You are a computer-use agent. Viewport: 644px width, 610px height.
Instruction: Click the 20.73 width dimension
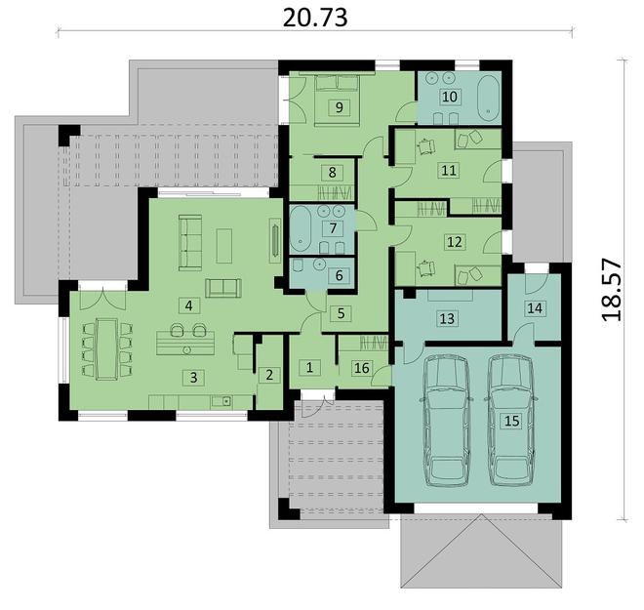(x=315, y=18)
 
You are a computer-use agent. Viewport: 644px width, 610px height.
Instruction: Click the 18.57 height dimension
(x=612, y=289)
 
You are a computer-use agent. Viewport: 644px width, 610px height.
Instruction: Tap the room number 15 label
(x=511, y=421)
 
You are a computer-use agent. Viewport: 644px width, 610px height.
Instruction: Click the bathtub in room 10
(x=488, y=98)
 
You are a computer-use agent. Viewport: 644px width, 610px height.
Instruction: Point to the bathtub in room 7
(x=302, y=229)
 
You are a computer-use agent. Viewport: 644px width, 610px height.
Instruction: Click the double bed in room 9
(x=337, y=101)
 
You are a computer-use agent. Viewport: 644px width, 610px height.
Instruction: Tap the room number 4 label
(x=189, y=305)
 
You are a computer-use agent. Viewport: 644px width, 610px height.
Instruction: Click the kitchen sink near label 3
(x=221, y=400)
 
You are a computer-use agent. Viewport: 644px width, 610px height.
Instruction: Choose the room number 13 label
(x=447, y=318)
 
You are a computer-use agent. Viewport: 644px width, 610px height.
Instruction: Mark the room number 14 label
(x=535, y=307)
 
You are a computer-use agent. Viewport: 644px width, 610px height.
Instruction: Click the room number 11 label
(x=449, y=170)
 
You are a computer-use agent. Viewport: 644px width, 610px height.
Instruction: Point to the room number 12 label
(x=455, y=241)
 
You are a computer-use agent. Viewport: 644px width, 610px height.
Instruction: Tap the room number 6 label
(x=339, y=275)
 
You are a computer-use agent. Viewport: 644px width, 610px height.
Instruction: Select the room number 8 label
(x=333, y=172)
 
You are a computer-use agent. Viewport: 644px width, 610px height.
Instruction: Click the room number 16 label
(x=362, y=368)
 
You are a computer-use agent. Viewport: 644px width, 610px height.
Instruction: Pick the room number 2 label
(x=269, y=375)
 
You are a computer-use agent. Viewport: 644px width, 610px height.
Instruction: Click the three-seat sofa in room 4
(x=190, y=242)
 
